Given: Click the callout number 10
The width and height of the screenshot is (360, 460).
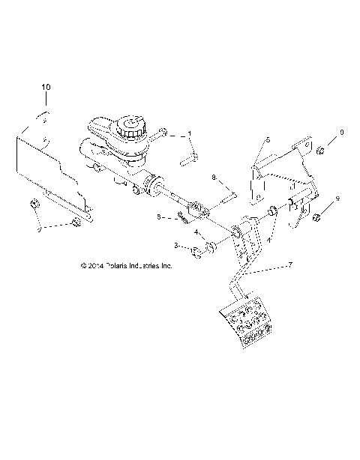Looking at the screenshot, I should [x=46, y=88].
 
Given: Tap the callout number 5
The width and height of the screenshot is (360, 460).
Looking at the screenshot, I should [x=267, y=140].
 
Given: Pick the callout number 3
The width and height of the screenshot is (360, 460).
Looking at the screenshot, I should [x=176, y=245].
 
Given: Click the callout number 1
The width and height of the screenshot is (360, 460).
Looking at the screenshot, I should [x=190, y=134].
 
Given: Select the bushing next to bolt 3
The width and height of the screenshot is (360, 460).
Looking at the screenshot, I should [x=212, y=244].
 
